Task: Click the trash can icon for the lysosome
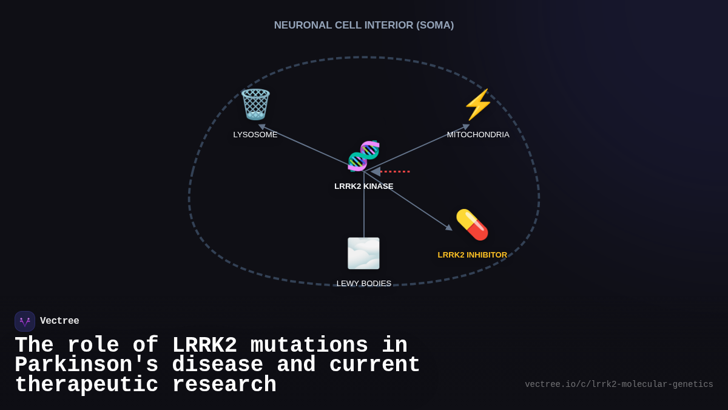coord(255,104)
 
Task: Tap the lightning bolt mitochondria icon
coord(478,104)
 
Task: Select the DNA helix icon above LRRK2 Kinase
coord(363,156)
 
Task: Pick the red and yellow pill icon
coord(472,225)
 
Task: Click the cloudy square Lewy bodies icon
coord(363,253)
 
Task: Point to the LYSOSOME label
coord(255,135)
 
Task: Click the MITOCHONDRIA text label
coord(478,135)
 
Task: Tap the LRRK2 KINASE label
coord(364,186)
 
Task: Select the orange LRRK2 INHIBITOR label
coord(473,255)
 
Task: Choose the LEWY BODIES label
coord(364,284)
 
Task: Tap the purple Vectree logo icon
coord(25,321)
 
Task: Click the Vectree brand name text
coord(59,321)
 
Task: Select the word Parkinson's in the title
coord(86,366)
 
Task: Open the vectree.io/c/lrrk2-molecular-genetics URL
coord(619,384)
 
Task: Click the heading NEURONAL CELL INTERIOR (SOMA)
coord(364,26)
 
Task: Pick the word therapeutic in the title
coord(86,386)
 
